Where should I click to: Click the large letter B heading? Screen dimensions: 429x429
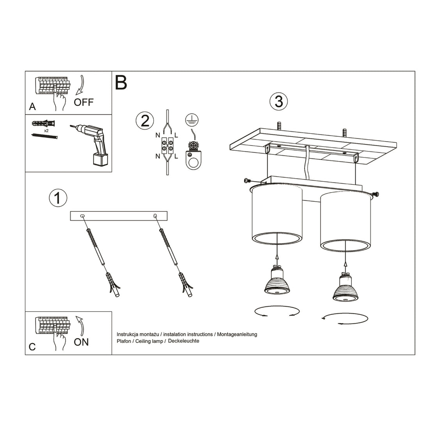[121, 82]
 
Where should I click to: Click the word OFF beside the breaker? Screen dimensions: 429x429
[84, 102]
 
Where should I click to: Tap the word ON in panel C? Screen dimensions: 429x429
[81, 342]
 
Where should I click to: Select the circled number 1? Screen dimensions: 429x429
[57, 198]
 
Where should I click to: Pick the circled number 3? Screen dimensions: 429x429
[278, 101]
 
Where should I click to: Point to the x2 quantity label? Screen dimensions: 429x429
[46, 130]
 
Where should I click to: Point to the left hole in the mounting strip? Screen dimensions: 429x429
[82, 216]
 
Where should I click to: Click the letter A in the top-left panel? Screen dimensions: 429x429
[33, 106]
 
